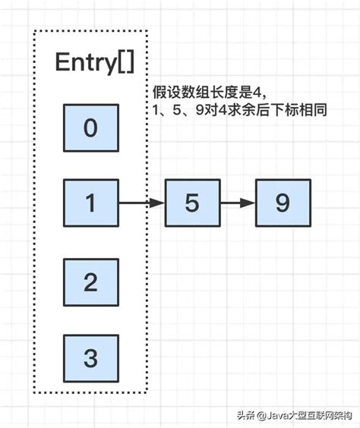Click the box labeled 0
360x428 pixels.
(x=90, y=127)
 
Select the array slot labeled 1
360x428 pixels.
(x=90, y=203)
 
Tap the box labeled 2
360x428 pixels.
(x=90, y=282)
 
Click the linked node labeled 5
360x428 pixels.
(x=193, y=203)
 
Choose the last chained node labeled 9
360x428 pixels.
(x=283, y=203)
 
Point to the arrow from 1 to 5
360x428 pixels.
(x=141, y=203)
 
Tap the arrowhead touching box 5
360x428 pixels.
(x=159, y=203)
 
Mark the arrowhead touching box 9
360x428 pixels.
(x=249, y=203)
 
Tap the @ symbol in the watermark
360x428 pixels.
(x=261, y=415)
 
